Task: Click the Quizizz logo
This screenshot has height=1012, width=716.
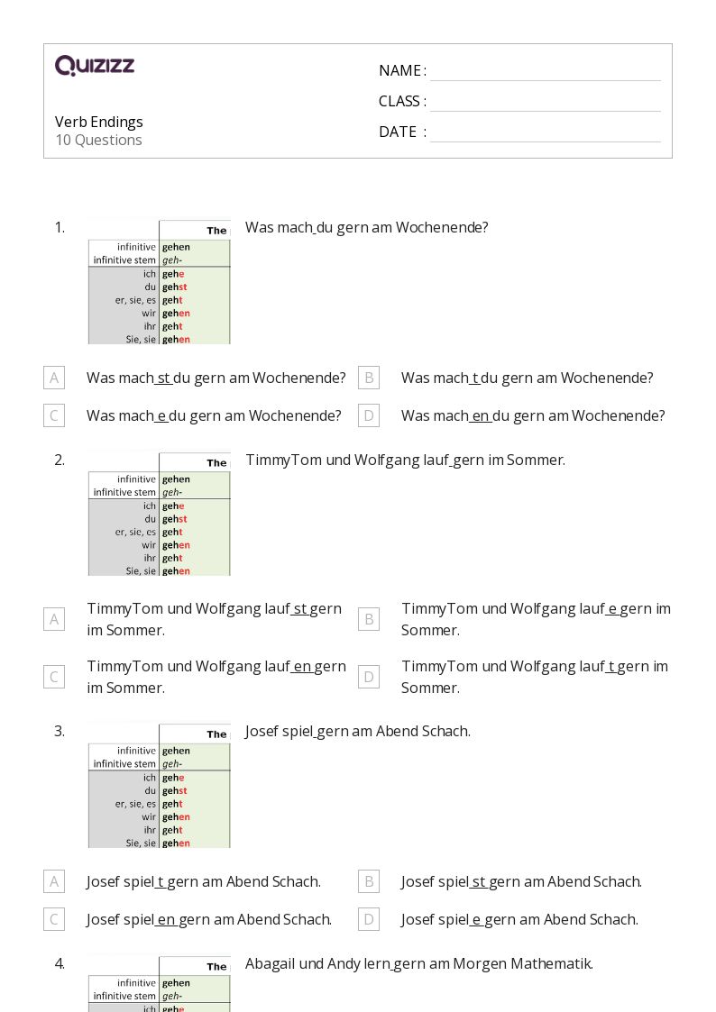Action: pos(95,66)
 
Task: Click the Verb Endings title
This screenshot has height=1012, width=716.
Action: pos(99,122)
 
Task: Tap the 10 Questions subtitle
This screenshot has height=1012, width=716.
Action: pos(98,140)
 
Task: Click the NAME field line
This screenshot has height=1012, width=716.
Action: pos(545,72)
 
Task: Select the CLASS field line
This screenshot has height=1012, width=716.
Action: pos(545,103)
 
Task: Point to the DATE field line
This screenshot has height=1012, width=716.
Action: pos(545,133)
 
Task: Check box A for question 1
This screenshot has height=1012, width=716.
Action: pos(54,378)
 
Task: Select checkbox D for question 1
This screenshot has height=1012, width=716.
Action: pos(368,415)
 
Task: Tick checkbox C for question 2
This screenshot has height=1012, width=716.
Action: pos(54,677)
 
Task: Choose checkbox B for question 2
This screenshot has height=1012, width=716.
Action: pos(368,619)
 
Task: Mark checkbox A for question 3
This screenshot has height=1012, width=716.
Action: pos(54,881)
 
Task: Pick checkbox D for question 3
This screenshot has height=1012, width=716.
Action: pos(368,919)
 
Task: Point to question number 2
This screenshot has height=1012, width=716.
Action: pos(60,460)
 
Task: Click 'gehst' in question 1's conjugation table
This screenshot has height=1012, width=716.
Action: pos(174,287)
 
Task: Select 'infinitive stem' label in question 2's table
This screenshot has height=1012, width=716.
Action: pos(124,492)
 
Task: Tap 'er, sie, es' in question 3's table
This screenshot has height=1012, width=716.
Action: pos(135,804)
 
